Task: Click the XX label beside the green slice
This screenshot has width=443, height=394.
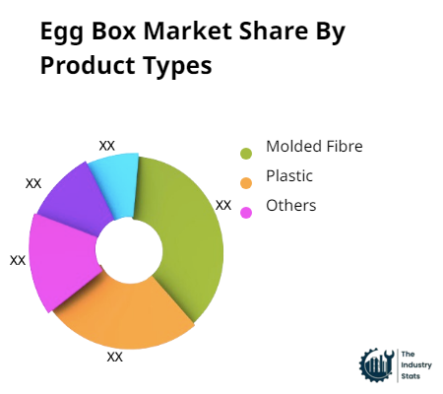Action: pyautogui.click(x=223, y=205)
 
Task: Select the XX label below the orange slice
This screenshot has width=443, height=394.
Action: pyautogui.click(x=115, y=357)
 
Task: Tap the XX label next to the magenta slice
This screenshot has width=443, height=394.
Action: pyautogui.click(x=18, y=260)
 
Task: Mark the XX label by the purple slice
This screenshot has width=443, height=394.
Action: pyautogui.click(x=33, y=183)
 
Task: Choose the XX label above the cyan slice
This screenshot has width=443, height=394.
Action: pyautogui.click(x=107, y=145)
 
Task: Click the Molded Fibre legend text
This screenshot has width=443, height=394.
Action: pyautogui.click(x=315, y=147)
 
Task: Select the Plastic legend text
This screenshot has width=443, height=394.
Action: pyautogui.click(x=289, y=176)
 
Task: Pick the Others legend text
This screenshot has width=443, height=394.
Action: pyautogui.click(x=291, y=206)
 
